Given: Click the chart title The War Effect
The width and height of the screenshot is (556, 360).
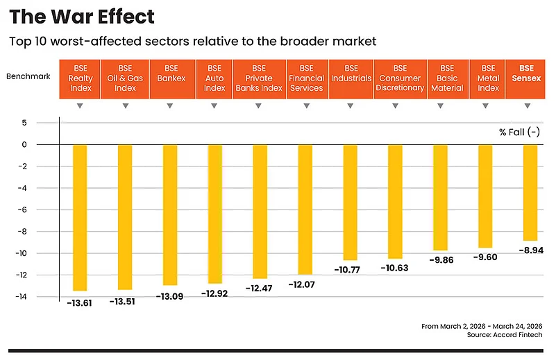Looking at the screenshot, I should tap(82, 16).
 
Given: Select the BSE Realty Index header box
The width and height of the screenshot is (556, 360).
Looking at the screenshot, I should tap(80, 78).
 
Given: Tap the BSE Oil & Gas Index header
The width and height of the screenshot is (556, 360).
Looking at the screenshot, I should tap(125, 78).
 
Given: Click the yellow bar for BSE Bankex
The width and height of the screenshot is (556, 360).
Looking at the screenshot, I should tap(170, 215).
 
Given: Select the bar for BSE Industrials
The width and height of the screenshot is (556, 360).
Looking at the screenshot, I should tap(350, 202).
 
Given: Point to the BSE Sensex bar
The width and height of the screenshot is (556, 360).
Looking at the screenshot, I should tap(530, 192).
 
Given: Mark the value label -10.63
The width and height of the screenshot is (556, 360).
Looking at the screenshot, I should tap(395, 268).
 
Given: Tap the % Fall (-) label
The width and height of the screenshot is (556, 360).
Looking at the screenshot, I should tap(519, 132).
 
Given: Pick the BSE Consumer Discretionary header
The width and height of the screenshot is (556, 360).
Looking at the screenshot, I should tap(400, 78).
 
